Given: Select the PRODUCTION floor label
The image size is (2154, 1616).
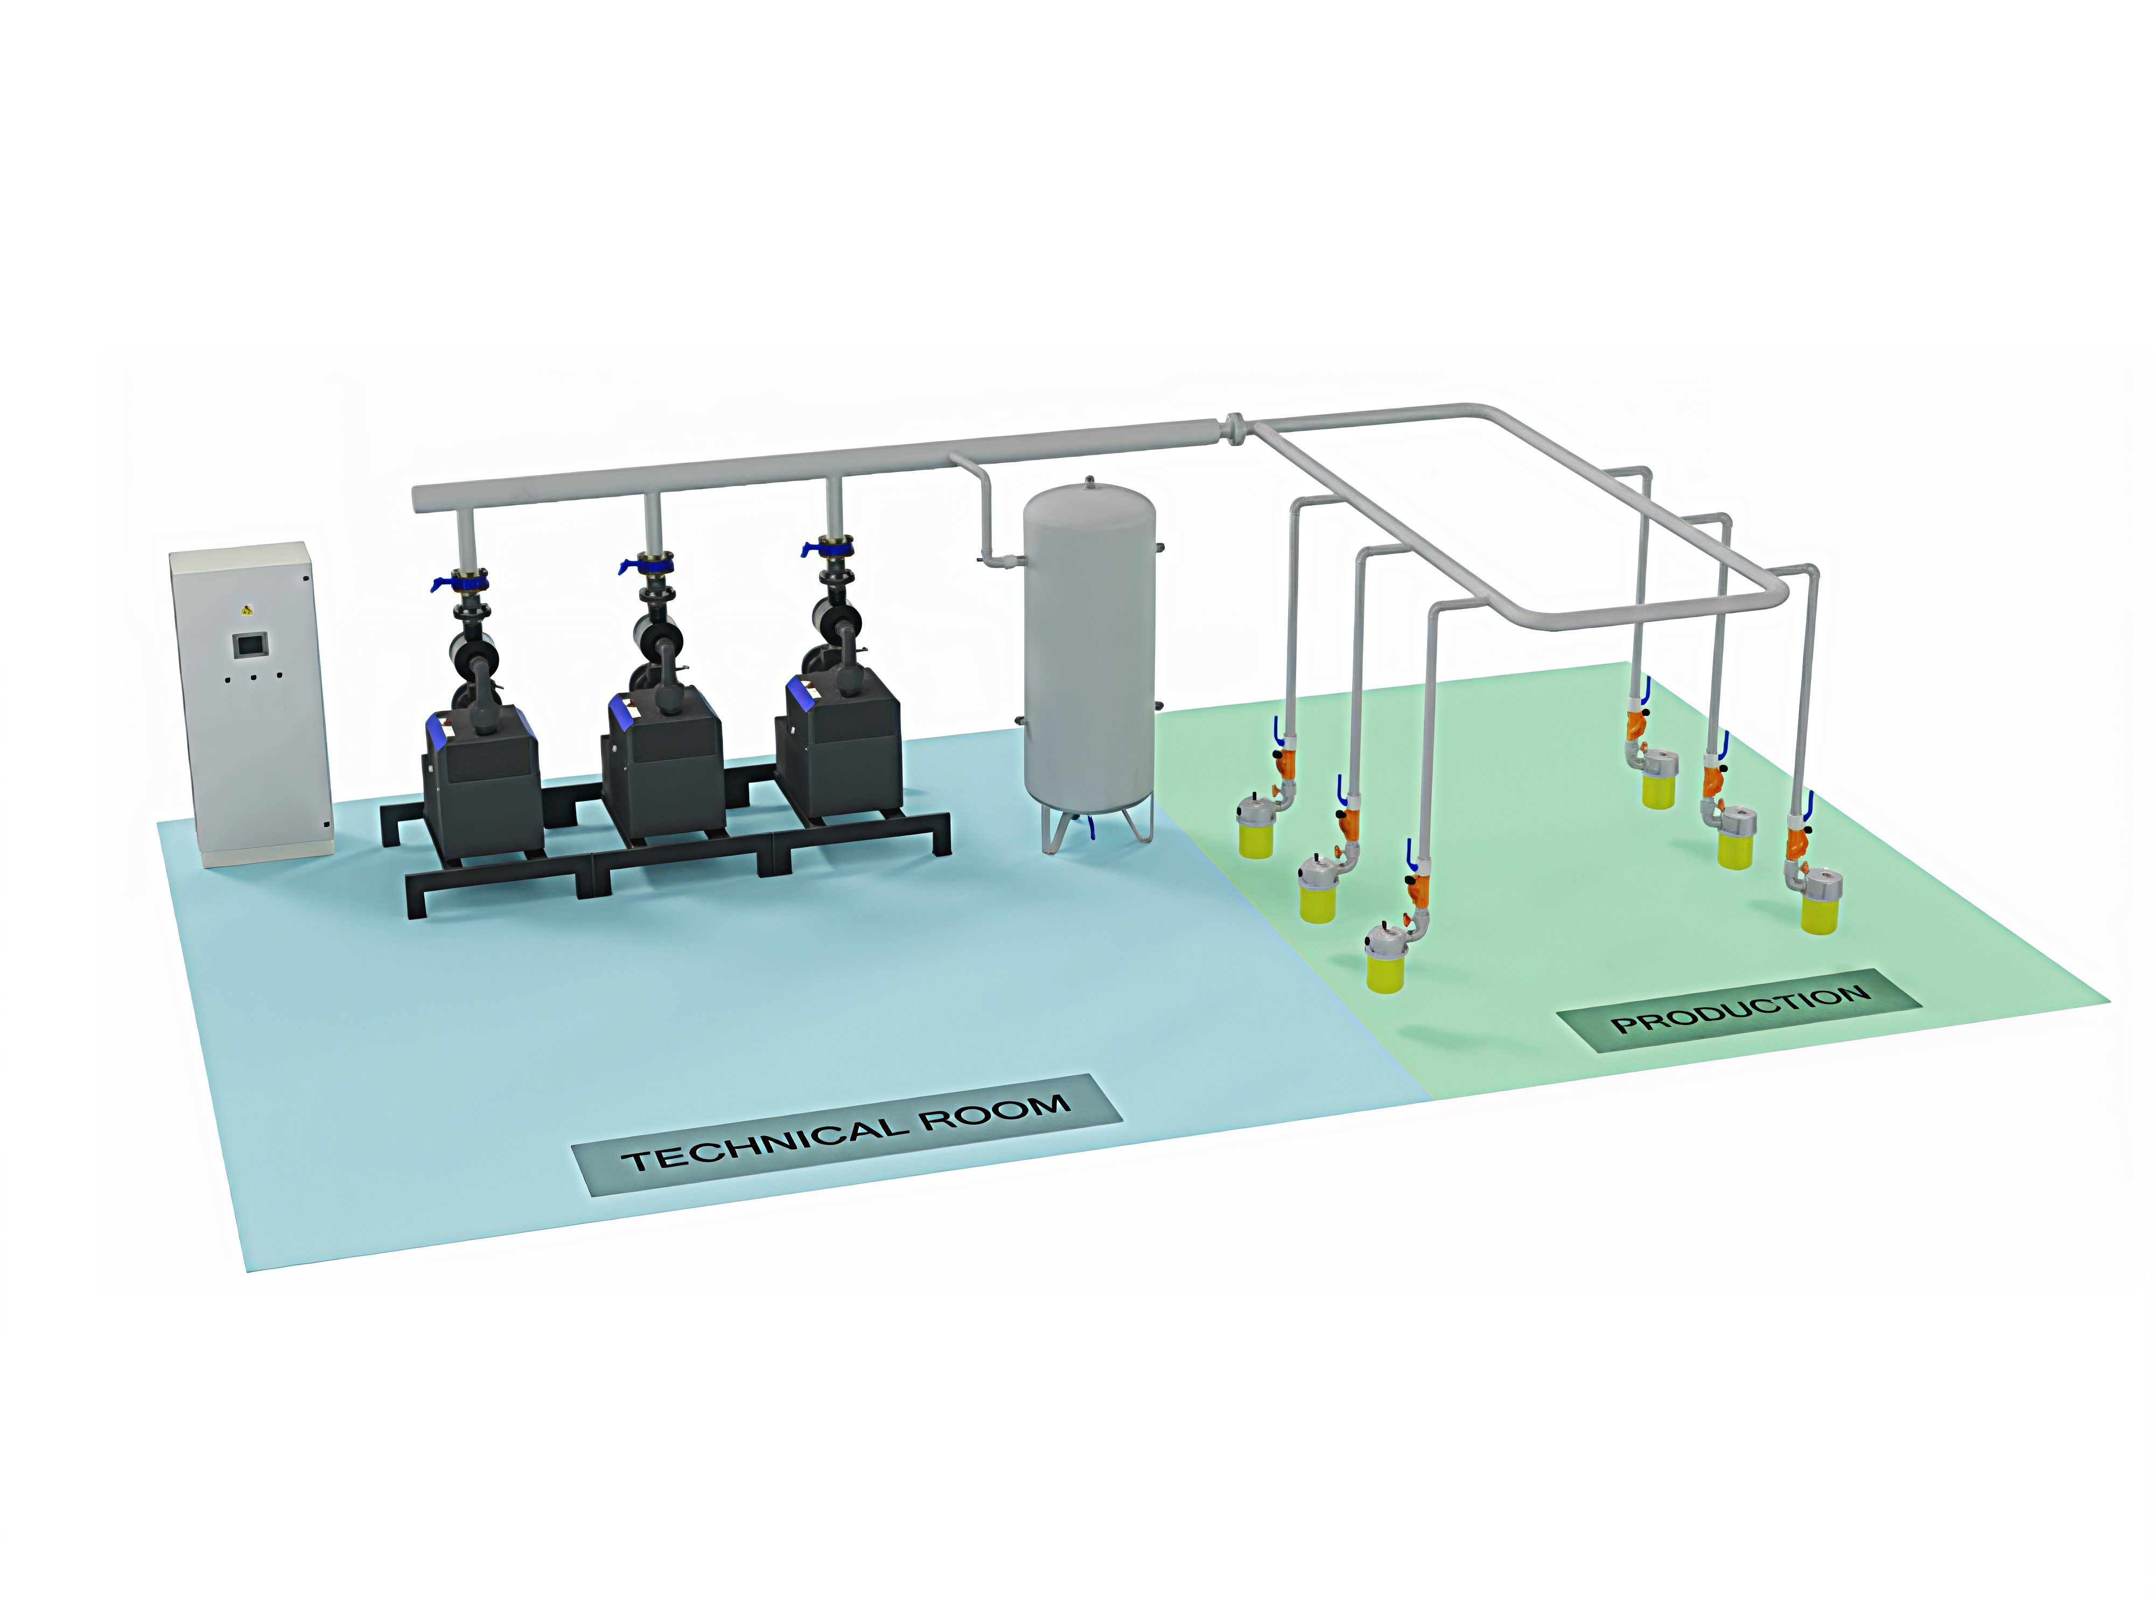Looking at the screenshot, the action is point(1739,1010).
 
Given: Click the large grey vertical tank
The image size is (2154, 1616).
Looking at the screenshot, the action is point(1090,663).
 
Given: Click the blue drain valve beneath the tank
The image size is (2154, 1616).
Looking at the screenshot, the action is point(1094,828).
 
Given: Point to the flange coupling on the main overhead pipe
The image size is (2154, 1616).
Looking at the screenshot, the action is point(1234,429).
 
